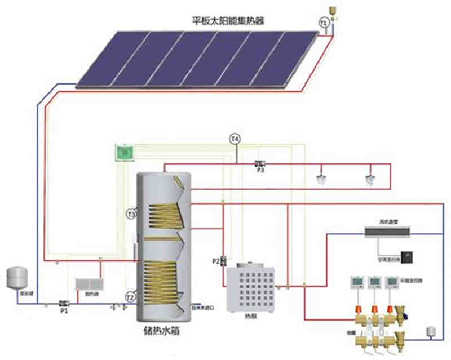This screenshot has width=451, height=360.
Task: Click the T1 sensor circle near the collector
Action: [324, 23]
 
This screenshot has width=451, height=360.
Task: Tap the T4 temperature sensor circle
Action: [235, 138]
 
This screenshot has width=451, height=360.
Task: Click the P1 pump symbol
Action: [63, 303]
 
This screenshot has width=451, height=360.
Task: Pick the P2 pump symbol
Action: [223, 260]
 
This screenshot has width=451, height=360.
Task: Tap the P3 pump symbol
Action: [260, 163]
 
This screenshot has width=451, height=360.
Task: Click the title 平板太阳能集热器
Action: [228, 21]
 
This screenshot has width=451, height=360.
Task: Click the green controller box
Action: [124, 152]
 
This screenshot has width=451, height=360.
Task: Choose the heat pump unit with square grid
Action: [249, 287]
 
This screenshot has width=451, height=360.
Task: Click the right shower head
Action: [370, 180]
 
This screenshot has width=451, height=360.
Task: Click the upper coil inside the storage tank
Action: [163, 215]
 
